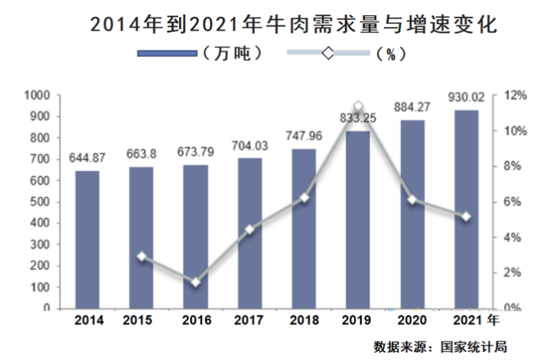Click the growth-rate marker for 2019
[x=358, y=106]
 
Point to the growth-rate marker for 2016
[x=196, y=282]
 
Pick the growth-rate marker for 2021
[x=465, y=216]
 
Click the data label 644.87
[x=87, y=156]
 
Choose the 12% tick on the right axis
[x=515, y=95]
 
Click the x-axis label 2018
[x=303, y=322]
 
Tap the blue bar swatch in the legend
[x=167, y=54]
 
